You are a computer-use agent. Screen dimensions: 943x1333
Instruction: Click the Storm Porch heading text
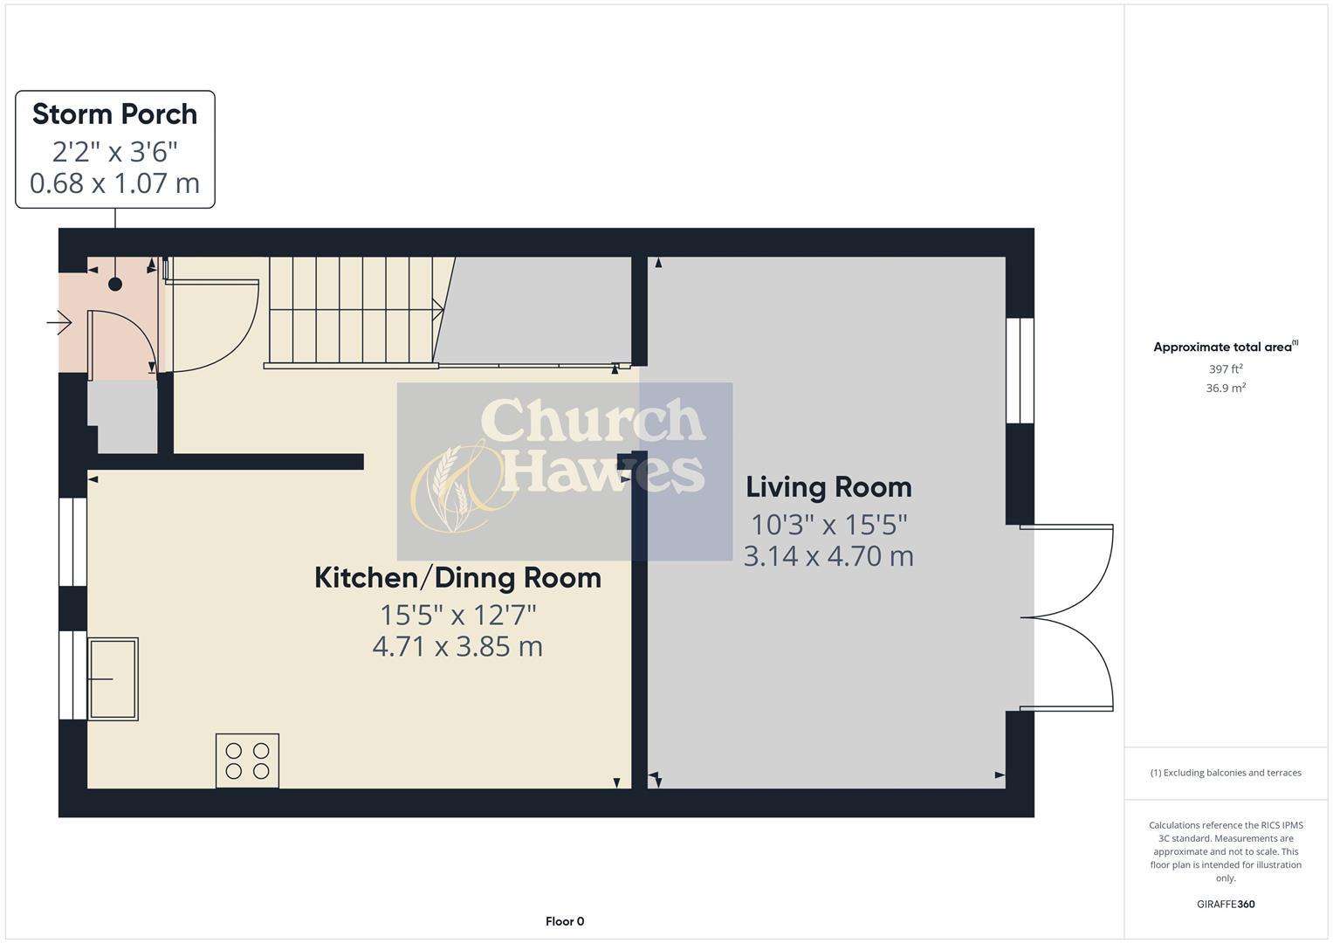point(114,114)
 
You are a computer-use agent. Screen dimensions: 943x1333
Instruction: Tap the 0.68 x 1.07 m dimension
point(114,183)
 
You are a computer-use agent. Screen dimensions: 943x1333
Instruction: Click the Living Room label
point(828,487)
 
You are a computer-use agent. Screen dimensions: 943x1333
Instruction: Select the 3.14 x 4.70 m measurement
point(828,555)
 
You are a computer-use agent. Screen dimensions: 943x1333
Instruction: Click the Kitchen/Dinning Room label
point(457,578)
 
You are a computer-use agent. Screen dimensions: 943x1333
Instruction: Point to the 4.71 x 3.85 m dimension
point(457,646)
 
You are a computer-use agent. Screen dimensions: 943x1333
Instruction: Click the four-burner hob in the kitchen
point(247,761)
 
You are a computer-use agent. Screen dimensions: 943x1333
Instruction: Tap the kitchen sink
point(113,678)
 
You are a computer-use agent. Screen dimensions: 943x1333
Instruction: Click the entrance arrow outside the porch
point(59,324)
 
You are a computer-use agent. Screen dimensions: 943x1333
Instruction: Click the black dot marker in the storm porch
point(115,284)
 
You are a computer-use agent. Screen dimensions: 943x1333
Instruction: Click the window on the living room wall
point(1020,370)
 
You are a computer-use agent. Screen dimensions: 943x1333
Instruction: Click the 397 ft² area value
point(1226,369)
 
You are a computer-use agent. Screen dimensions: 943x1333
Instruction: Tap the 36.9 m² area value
point(1226,389)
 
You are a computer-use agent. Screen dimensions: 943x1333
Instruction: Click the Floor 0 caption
point(565,921)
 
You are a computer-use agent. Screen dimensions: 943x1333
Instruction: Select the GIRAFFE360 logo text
point(1226,904)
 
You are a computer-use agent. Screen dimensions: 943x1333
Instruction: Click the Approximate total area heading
point(1224,348)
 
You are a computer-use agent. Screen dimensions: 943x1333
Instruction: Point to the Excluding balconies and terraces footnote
point(1226,773)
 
